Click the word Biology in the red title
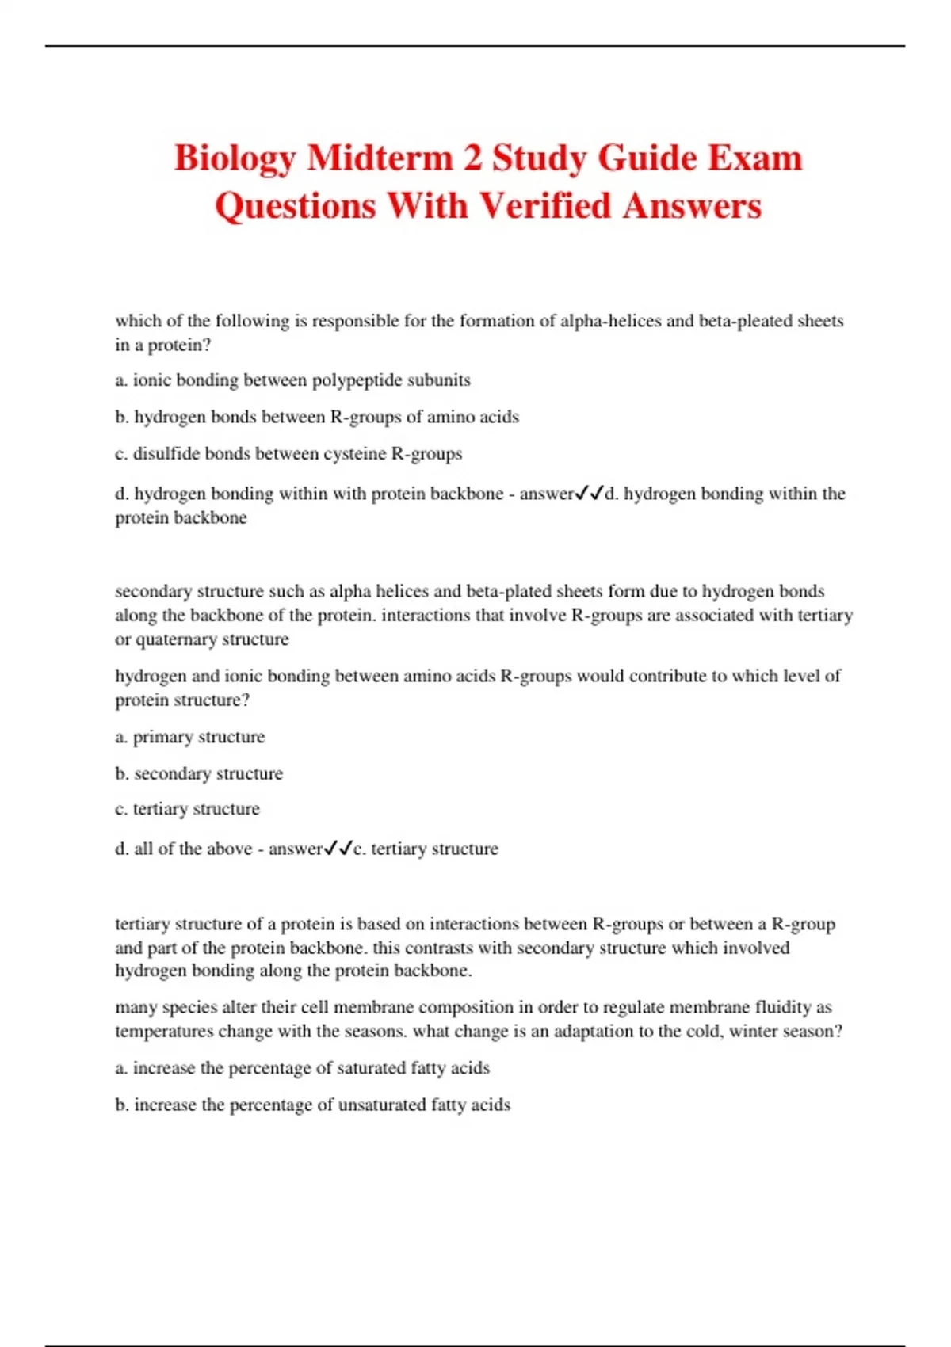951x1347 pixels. click(x=234, y=158)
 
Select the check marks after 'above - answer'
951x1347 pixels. click(x=338, y=849)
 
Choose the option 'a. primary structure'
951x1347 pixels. click(x=190, y=737)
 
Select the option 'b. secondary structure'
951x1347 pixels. click(x=199, y=773)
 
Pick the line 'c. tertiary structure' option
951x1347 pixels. click(x=188, y=809)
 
